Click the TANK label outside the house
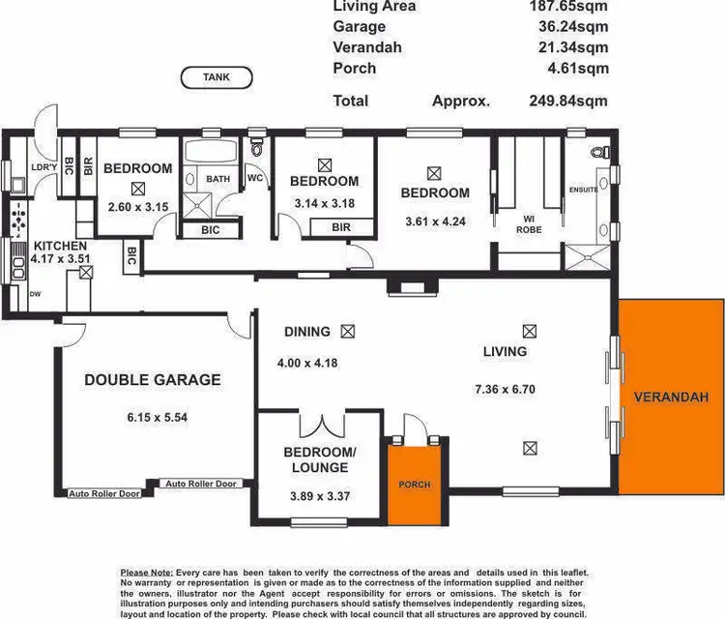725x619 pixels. (x=217, y=77)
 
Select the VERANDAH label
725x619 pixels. (x=672, y=397)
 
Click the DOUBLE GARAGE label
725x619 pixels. (x=152, y=380)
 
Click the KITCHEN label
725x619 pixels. (x=59, y=247)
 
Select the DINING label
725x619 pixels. (x=307, y=332)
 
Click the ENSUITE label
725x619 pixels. (x=584, y=190)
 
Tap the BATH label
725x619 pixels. (x=217, y=179)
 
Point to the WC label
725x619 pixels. (x=255, y=179)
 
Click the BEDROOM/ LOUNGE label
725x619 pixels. (x=315, y=459)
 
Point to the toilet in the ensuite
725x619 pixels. (x=601, y=153)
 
